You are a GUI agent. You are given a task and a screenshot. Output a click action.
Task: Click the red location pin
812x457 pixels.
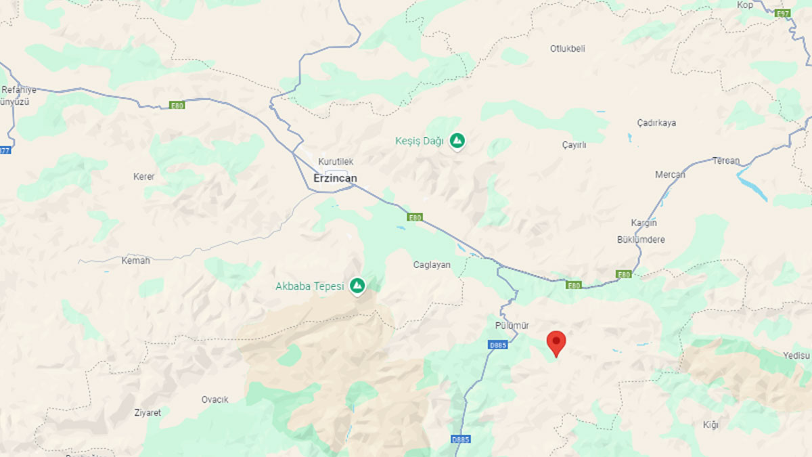556,343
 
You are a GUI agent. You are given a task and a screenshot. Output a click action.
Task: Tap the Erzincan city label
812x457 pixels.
335,178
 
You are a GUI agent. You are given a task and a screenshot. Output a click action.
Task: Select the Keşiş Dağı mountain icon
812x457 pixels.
458,141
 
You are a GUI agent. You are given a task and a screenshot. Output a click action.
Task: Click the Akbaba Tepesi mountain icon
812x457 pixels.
357,286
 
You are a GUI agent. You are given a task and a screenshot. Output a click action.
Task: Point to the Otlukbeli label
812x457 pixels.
568,49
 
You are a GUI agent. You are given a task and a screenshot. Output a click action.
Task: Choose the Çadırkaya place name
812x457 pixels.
656,123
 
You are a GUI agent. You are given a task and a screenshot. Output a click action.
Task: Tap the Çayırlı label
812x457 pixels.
574,146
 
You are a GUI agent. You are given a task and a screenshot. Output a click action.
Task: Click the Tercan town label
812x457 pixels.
726,161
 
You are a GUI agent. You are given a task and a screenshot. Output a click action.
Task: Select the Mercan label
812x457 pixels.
670,175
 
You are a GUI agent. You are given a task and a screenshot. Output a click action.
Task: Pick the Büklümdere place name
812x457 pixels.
641,240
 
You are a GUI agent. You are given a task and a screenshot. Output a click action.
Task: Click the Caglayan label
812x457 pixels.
432,265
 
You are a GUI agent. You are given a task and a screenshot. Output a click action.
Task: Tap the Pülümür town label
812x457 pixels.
511,326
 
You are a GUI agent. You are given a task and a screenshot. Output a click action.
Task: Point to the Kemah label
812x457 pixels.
135,260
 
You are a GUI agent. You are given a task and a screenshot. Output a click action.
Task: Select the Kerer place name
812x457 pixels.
144,177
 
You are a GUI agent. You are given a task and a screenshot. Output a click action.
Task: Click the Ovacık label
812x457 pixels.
215,399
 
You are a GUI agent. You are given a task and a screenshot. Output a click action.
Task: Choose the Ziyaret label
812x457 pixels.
148,412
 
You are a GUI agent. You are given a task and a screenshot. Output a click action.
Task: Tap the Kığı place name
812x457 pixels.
710,425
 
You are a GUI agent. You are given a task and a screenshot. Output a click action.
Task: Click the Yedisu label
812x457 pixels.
796,355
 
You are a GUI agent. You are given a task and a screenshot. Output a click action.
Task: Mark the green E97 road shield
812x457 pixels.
783,14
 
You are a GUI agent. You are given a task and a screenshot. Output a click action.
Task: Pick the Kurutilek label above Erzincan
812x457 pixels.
336,162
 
